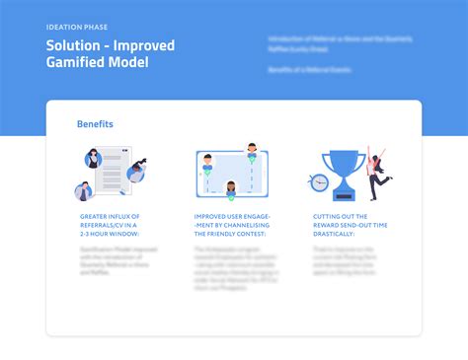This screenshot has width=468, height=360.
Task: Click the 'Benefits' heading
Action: pyautogui.click(x=95, y=124)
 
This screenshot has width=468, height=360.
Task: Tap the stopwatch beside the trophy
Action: pyautogui.click(x=318, y=184)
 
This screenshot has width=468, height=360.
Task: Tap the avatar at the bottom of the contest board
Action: pyautogui.click(x=231, y=189)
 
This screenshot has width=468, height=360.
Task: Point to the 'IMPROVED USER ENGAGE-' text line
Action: pyautogui.click(x=228, y=215)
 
